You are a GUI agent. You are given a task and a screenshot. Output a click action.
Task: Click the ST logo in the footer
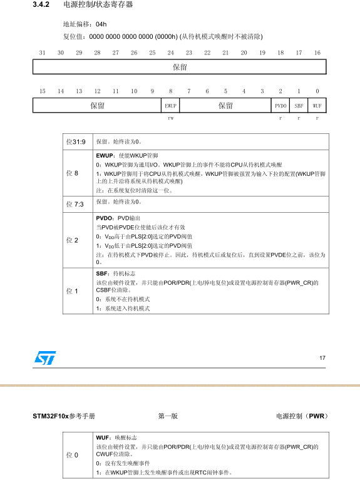click(45, 357)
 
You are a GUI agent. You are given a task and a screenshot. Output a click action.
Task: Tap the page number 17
click(322, 358)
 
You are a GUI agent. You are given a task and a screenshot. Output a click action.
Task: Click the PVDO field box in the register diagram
click(280, 106)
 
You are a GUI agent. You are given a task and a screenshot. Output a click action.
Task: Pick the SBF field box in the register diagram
click(299, 106)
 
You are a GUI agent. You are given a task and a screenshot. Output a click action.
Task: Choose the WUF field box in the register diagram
click(317, 106)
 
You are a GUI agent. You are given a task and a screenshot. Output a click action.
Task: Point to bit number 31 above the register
click(42, 53)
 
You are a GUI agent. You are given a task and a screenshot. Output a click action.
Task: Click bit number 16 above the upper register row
click(317, 53)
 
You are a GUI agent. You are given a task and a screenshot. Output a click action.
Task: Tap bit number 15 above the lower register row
click(42, 91)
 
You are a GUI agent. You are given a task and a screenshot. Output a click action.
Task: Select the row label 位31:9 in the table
click(76, 141)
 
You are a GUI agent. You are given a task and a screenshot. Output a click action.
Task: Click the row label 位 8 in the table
click(73, 173)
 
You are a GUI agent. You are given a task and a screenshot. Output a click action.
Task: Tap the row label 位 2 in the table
click(73, 240)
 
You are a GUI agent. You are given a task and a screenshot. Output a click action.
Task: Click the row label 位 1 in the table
click(73, 291)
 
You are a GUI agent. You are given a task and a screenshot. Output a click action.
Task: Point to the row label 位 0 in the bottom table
click(73, 454)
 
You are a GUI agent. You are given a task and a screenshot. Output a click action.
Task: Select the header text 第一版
click(168, 416)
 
